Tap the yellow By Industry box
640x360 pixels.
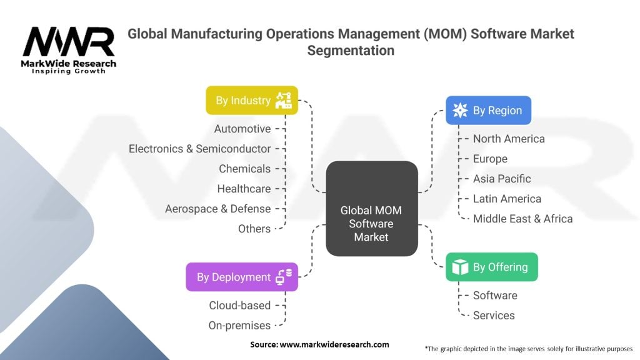[x=252, y=100]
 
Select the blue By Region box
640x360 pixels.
[x=488, y=111]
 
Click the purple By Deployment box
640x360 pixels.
[x=242, y=277]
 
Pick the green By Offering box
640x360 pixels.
[x=491, y=267]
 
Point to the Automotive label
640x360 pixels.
[x=242, y=129]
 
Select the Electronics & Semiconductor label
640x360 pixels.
[x=200, y=149]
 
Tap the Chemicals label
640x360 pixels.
[x=244, y=169]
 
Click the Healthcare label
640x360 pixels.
[x=244, y=189]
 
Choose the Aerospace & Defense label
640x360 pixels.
[x=217, y=209]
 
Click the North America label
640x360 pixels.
[x=509, y=139]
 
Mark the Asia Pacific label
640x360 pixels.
[x=502, y=179]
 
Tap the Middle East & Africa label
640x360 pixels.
[x=522, y=219]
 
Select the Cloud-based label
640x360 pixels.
[x=240, y=306]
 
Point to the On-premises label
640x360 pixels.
[x=239, y=326]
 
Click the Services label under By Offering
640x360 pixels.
[x=494, y=316]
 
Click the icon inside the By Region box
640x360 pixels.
[x=460, y=111]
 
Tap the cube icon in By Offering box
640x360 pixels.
[x=460, y=267]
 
